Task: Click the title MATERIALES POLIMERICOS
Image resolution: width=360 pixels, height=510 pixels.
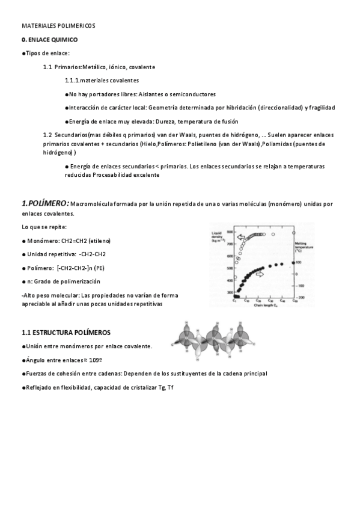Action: [58, 26]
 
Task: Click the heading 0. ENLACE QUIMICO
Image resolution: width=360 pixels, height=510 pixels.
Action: [50, 40]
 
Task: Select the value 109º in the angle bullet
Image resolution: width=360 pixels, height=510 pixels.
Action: [76, 360]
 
